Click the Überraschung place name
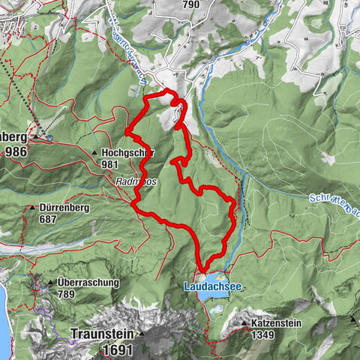[88, 282]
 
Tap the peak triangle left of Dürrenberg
[32, 208]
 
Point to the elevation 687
[49, 220]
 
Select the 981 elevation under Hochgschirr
[109, 163]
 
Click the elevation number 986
[16, 151]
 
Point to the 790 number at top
[190, 4]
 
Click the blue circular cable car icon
[49, 138]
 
